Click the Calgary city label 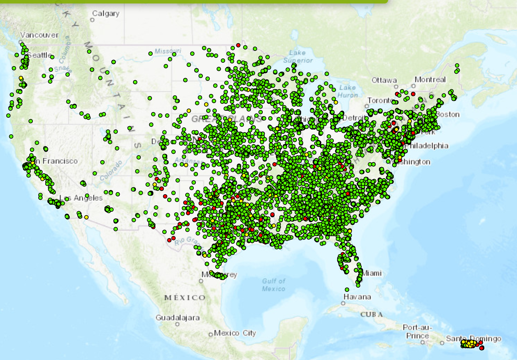coord(106,14)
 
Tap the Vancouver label coord(39,35)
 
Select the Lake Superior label coord(298,56)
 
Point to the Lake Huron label coord(347,91)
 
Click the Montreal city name coord(430,79)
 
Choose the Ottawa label coord(384,80)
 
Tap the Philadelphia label coord(427,146)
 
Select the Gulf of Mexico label coord(273,284)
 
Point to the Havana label coord(357,297)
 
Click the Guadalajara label coord(177,318)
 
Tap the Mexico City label coord(235,333)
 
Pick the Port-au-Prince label coord(417,331)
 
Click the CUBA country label coord(371,314)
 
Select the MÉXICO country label coord(185,298)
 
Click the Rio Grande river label coord(188,241)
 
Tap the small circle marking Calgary coord(92,20)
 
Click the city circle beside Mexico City coord(210,335)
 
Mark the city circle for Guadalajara coord(177,324)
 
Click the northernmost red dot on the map coord(238,45)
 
